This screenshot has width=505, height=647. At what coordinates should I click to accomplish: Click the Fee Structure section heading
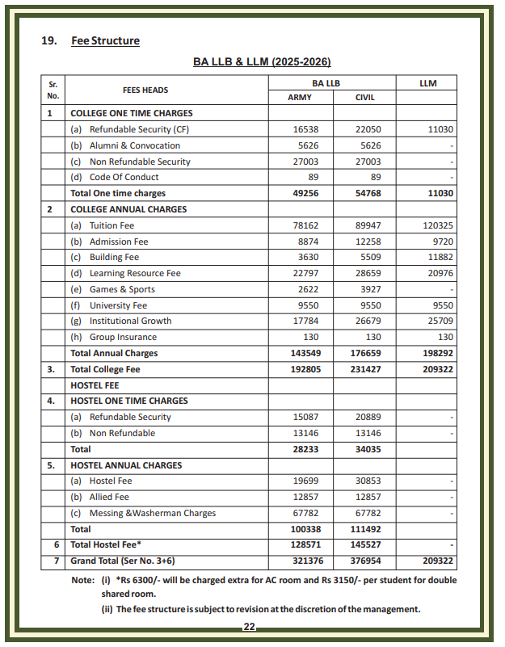[105, 40]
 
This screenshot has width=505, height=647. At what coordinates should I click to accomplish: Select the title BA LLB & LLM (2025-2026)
[262, 61]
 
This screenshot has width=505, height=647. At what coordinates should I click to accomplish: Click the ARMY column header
[300, 98]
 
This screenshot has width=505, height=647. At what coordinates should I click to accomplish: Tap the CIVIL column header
[364, 98]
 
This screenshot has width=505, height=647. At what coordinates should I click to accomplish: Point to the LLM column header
[427, 83]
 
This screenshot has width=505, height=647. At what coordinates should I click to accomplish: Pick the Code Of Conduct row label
[124, 177]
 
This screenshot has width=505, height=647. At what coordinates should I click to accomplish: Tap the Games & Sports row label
[122, 289]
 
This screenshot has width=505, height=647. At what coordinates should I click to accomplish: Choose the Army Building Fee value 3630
[305, 257]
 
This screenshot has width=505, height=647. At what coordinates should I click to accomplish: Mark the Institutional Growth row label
[130, 321]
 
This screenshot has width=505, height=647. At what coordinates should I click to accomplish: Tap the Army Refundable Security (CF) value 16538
[305, 129]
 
